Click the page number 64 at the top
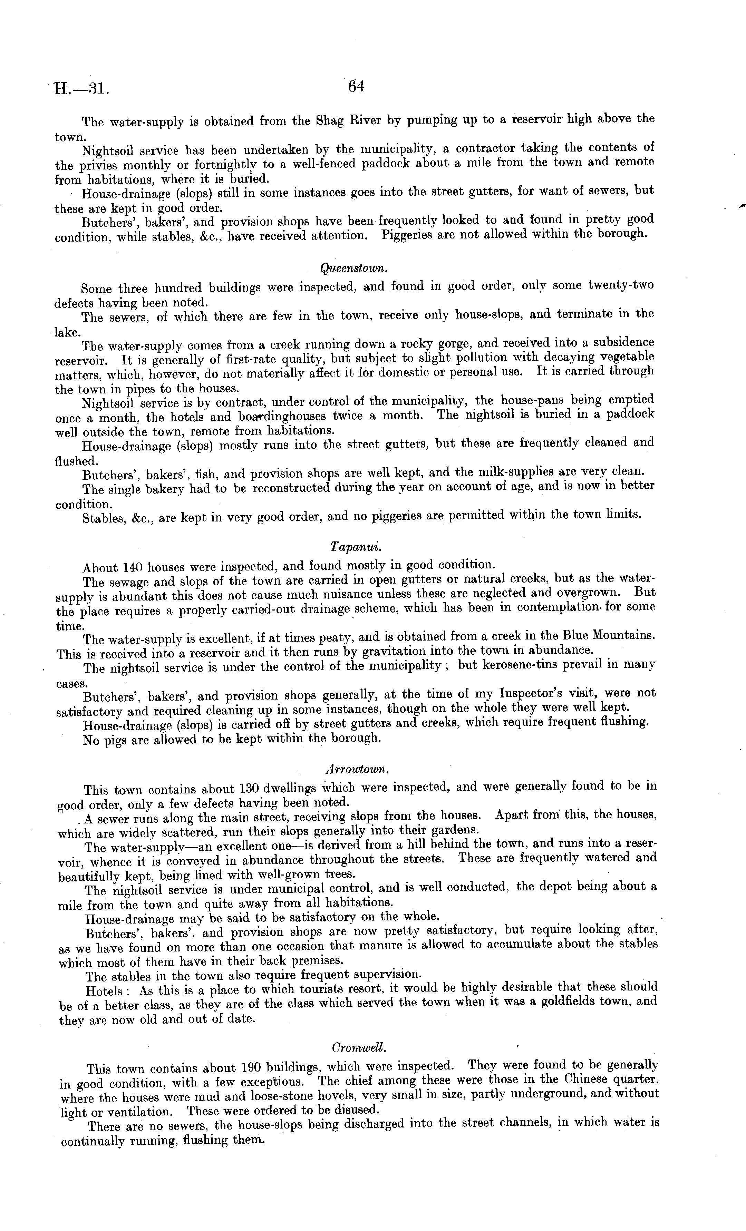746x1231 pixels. (x=356, y=87)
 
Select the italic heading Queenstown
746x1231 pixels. (x=354, y=268)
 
